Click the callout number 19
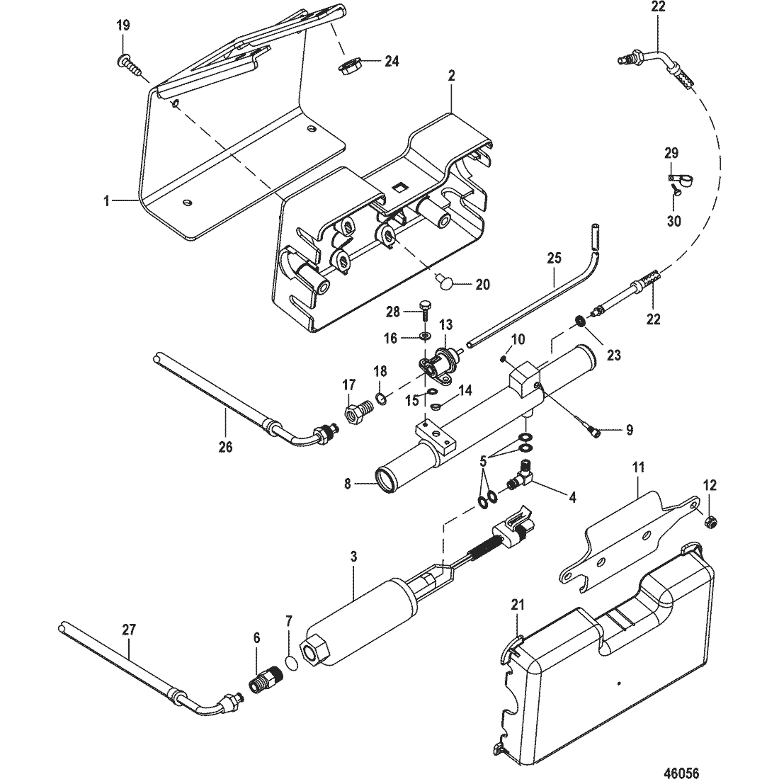(123, 25)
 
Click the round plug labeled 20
(445, 282)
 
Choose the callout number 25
(554, 258)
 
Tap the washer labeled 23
(579, 321)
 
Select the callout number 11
(639, 467)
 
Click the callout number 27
(129, 630)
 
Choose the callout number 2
(451, 76)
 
